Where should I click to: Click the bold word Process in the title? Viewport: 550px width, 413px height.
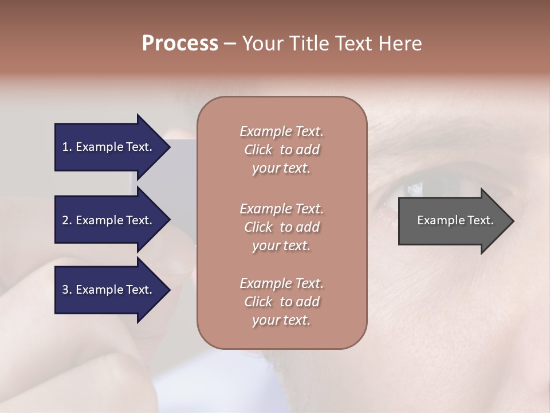(180, 44)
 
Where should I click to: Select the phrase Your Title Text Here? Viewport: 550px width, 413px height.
(332, 44)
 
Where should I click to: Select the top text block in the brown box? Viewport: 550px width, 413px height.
(281, 150)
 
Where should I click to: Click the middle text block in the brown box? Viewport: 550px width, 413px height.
(281, 227)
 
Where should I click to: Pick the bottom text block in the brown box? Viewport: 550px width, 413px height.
(281, 302)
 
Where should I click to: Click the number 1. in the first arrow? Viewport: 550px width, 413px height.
(67, 147)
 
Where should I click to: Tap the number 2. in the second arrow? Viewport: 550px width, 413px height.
(67, 220)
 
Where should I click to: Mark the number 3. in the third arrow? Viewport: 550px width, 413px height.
(67, 290)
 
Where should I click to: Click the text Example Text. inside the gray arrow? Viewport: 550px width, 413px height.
(455, 220)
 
